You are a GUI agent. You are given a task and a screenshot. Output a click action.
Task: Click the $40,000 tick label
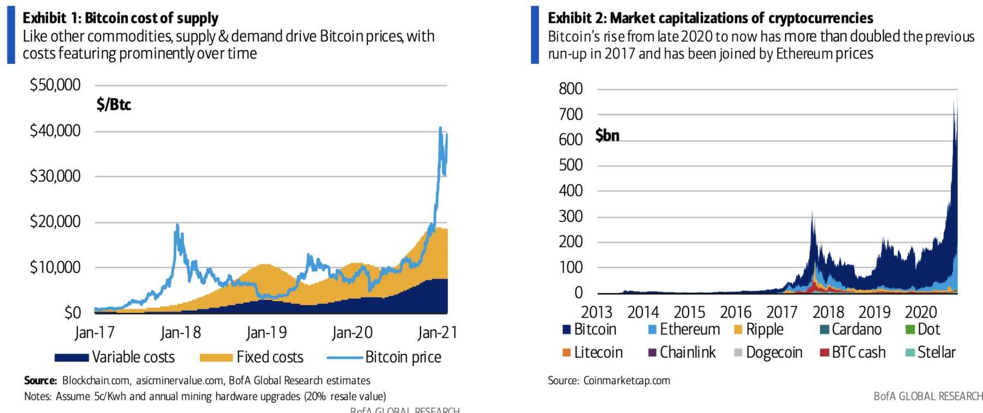click(x=55, y=130)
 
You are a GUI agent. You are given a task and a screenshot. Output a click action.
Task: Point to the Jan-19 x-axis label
click(x=266, y=332)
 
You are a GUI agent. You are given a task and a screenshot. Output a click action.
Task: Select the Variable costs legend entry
click(x=115, y=357)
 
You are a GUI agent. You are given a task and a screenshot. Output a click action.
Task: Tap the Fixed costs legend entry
click(x=252, y=357)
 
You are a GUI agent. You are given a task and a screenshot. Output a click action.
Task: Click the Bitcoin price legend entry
click(x=384, y=357)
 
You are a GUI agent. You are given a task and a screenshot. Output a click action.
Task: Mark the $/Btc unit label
click(x=114, y=104)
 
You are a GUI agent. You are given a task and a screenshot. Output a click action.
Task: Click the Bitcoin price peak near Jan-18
click(x=177, y=225)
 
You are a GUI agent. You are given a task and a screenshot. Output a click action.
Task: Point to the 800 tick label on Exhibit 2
click(x=571, y=88)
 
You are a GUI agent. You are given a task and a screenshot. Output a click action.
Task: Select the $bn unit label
click(x=607, y=135)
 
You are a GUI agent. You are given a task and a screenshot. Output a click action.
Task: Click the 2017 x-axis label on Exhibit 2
click(x=781, y=312)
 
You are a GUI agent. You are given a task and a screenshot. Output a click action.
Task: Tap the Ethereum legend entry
click(x=684, y=330)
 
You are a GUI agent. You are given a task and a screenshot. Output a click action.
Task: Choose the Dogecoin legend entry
click(x=768, y=352)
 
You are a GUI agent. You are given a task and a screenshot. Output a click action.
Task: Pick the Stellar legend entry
click(x=931, y=352)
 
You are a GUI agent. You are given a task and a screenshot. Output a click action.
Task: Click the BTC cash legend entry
click(x=852, y=352)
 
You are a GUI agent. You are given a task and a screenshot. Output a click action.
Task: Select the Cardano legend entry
click(x=851, y=330)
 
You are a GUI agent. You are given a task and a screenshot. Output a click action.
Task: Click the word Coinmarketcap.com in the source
click(x=626, y=380)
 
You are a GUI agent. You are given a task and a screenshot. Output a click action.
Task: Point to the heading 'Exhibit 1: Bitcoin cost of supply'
click(x=120, y=18)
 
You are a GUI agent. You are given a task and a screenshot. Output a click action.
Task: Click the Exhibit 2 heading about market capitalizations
click(x=710, y=18)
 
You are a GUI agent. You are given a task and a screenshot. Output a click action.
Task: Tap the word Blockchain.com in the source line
click(x=96, y=380)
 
